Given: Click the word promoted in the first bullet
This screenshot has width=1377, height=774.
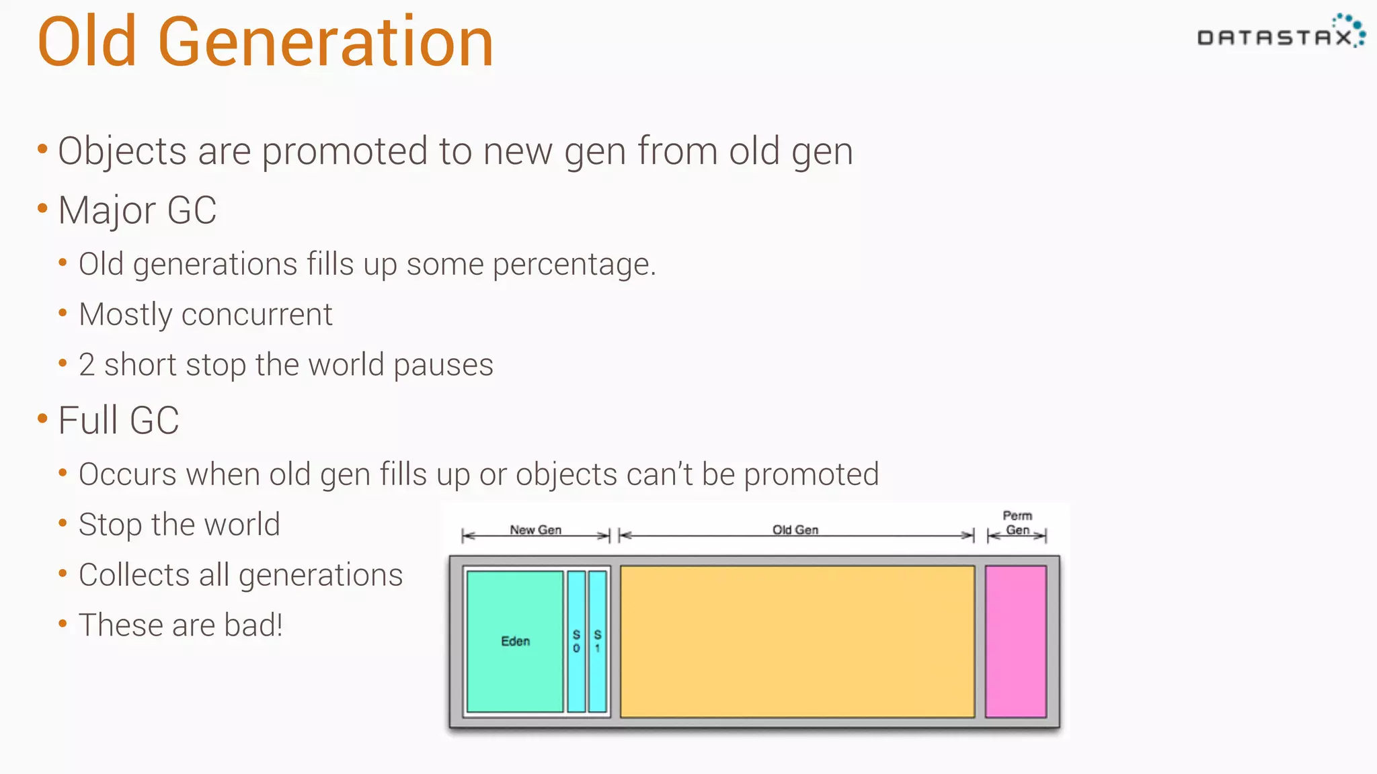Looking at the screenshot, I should click(344, 150).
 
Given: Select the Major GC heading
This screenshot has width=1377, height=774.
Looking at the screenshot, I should click(137, 210).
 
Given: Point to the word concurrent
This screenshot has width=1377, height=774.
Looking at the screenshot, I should click(257, 314).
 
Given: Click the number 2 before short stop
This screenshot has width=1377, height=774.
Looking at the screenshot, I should click(86, 365).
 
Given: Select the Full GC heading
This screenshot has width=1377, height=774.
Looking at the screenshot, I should click(118, 421).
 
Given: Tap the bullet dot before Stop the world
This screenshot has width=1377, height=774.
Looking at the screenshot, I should click(63, 523).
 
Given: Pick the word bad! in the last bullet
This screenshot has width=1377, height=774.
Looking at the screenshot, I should click(253, 626).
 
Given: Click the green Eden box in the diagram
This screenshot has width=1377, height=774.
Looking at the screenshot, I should click(515, 641).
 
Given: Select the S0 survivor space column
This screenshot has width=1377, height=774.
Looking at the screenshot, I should click(576, 641).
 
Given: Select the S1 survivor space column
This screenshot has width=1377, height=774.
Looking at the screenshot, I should click(597, 641).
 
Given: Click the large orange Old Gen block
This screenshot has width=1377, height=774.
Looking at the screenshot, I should click(797, 641).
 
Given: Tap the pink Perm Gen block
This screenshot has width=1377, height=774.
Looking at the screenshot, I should click(1015, 641).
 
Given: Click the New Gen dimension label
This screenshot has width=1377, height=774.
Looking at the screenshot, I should click(535, 529).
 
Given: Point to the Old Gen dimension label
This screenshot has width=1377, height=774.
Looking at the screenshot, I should click(795, 529).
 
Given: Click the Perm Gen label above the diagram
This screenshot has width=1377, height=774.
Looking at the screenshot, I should click(1017, 523).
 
